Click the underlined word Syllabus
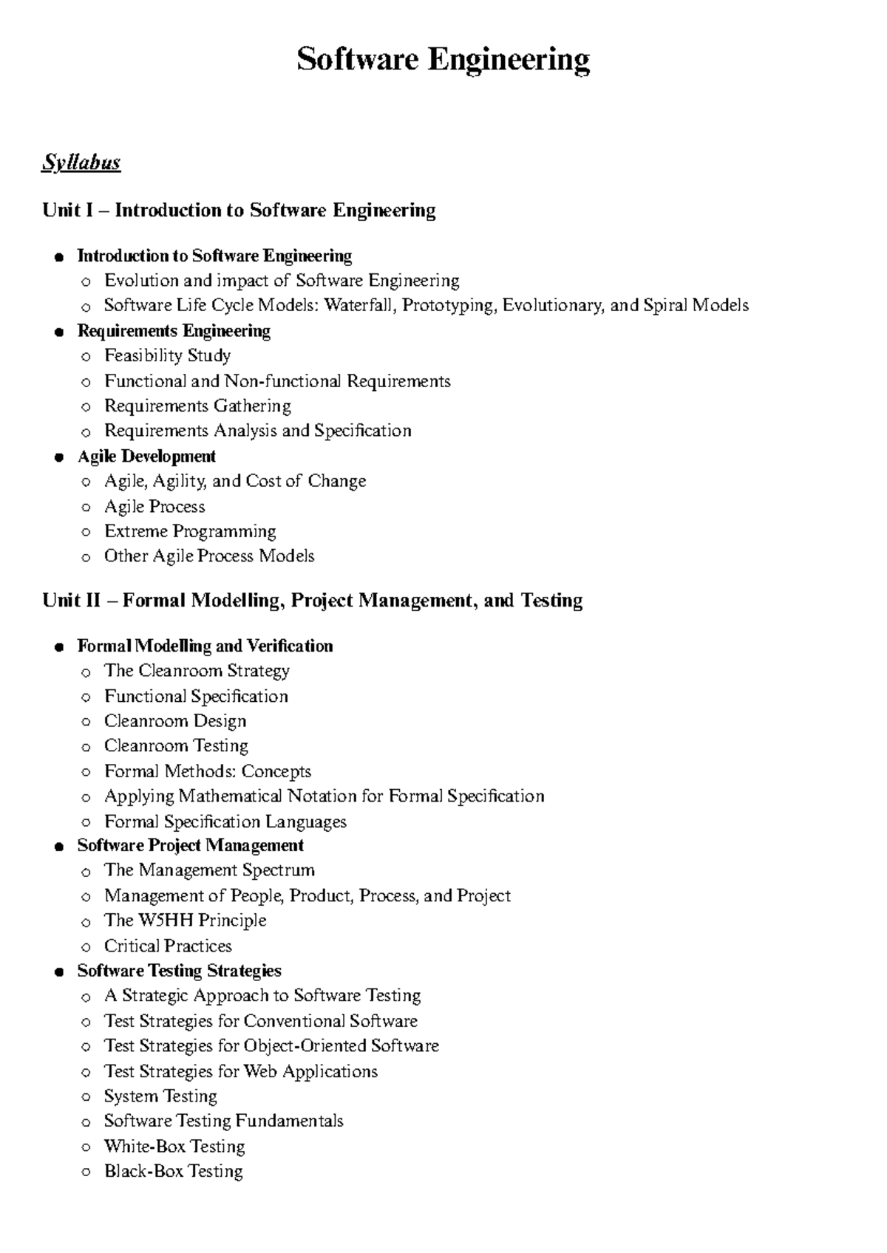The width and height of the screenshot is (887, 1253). click(x=81, y=163)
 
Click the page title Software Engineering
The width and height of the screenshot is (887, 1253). click(x=443, y=59)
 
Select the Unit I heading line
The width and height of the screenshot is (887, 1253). click(x=239, y=211)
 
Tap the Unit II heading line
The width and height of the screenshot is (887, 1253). click(x=312, y=601)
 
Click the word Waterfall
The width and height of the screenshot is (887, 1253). click(x=360, y=305)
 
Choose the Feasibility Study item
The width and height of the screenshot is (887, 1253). click(x=167, y=356)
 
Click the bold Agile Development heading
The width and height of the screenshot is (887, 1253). click(x=146, y=457)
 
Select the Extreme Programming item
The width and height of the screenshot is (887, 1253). click(x=190, y=531)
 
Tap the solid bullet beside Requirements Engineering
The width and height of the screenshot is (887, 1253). click(x=59, y=332)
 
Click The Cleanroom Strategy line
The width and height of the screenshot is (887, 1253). click(x=197, y=671)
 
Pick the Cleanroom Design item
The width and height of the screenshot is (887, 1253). click(x=175, y=721)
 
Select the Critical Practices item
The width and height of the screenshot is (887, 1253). click(x=168, y=946)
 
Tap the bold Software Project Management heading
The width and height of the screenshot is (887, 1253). click(x=191, y=845)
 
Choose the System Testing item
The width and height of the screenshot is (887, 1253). click(x=160, y=1096)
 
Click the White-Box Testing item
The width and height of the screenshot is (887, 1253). click(x=174, y=1147)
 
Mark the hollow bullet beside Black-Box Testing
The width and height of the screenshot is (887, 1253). click(x=86, y=1172)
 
